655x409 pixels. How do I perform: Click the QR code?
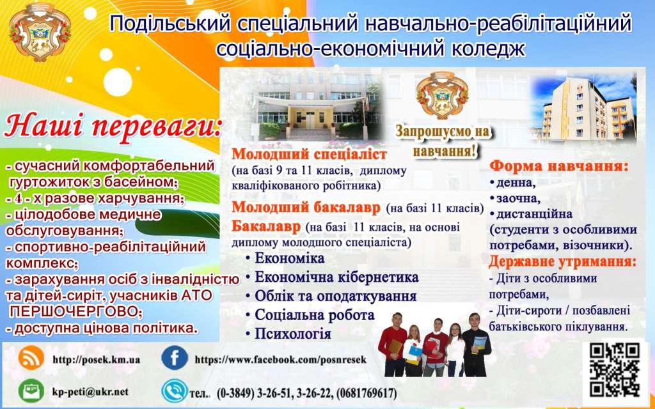(x=614, y=370)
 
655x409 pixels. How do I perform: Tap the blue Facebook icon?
(x=175, y=358)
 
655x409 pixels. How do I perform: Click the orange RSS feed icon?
(x=31, y=358)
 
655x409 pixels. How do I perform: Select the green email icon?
(x=31, y=391)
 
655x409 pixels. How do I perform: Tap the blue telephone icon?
(x=175, y=391)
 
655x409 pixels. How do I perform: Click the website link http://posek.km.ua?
(x=97, y=359)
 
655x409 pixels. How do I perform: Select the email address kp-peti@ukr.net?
(x=91, y=392)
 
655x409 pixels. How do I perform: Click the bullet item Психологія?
(x=293, y=334)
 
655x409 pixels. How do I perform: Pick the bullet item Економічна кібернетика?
(x=336, y=277)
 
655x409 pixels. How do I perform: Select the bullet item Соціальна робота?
(x=315, y=314)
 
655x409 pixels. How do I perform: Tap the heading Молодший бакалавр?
(x=306, y=208)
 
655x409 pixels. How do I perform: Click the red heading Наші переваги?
(x=113, y=126)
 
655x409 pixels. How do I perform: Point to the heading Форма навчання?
(x=559, y=167)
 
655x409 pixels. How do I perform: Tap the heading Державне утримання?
(x=563, y=262)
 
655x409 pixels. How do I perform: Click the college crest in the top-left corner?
(x=40, y=32)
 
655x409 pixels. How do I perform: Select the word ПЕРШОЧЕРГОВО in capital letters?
(x=73, y=312)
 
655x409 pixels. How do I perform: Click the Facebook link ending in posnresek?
(x=280, y=359)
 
